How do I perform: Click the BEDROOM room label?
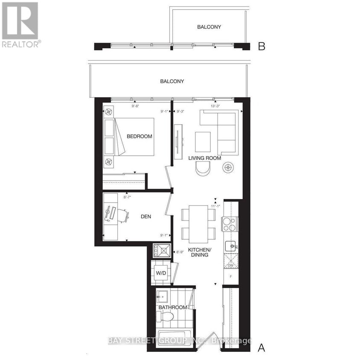(x=139, y=136)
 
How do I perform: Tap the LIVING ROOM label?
(x=205, y=158)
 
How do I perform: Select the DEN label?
(x=146, y=217)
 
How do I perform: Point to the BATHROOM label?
(x=173, y=308)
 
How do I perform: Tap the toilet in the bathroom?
(x=165, y=316)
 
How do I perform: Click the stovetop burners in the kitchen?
(x=229, y=224)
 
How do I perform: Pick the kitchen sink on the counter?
(x=230, y=246)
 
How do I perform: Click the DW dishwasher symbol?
(x=230, y=261)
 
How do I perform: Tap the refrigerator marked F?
(x=231, y=276)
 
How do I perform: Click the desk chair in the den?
(x=124, y=215)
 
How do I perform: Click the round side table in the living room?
(x=228, y=168)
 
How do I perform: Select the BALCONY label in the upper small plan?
(x=209, y=27)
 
